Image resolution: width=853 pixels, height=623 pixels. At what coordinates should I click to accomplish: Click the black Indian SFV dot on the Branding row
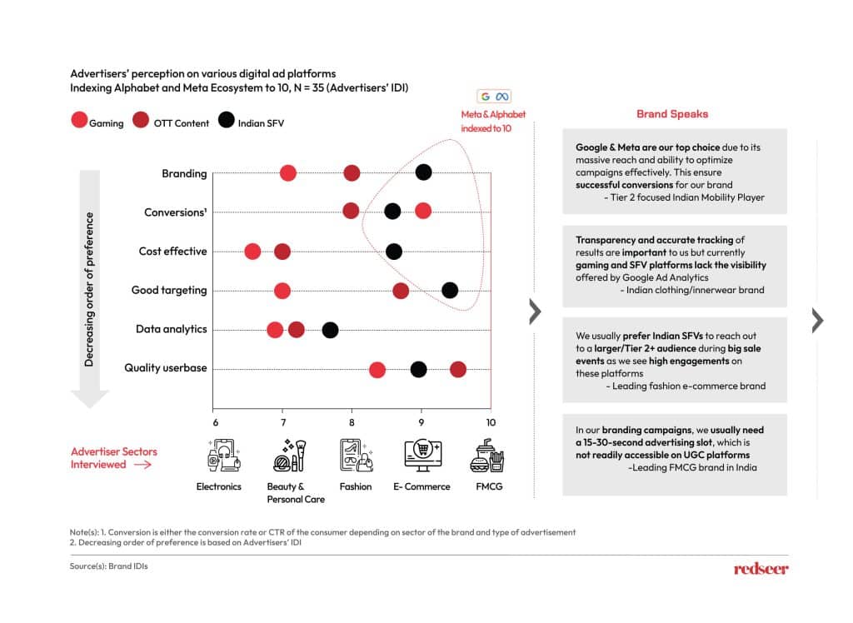(x=423, y=172)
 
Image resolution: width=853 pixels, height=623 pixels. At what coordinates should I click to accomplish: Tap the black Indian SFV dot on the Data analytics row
(x=330, y=330)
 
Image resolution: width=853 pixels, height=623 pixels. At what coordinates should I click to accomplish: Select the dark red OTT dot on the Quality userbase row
(x=458, y=370)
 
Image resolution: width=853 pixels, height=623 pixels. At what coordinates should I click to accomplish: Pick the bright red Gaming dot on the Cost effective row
(x=252, y=252)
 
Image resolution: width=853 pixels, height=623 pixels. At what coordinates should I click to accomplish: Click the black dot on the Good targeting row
(x=449, y=290)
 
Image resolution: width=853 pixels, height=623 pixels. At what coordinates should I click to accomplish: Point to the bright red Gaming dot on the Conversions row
(x=422, y=211)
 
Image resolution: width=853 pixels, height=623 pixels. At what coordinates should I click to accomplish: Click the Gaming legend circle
(x=79, y=120)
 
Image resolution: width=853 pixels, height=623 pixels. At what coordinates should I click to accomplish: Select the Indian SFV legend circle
(x=227, y=120)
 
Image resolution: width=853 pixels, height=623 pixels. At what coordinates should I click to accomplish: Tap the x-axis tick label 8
(x=352, y=423)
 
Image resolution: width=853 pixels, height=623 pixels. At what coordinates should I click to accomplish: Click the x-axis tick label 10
(x=491, y=423)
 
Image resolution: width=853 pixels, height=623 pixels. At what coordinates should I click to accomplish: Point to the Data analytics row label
(x=172, y=329)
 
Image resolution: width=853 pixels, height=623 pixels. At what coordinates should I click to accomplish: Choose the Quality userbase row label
(x=166, y=368)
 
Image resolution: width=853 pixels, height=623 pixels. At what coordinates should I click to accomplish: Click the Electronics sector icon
(x=223, y=456)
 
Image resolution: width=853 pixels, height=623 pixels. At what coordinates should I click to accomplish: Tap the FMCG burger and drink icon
(x=487, y=456)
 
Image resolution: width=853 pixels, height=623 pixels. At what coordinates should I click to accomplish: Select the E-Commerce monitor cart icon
(x=423, y=456)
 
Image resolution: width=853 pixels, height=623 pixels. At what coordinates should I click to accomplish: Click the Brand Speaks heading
(x=672, y=114)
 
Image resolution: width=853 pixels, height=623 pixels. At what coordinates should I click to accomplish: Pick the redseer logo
(x=761, y=569)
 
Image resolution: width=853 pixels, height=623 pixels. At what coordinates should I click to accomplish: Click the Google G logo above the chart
(x=486, y=97)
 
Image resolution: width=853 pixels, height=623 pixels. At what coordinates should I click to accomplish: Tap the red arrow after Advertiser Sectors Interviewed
(x=142, y=465)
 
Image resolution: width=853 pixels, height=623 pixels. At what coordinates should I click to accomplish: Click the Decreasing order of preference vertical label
(x=89, y=289)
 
